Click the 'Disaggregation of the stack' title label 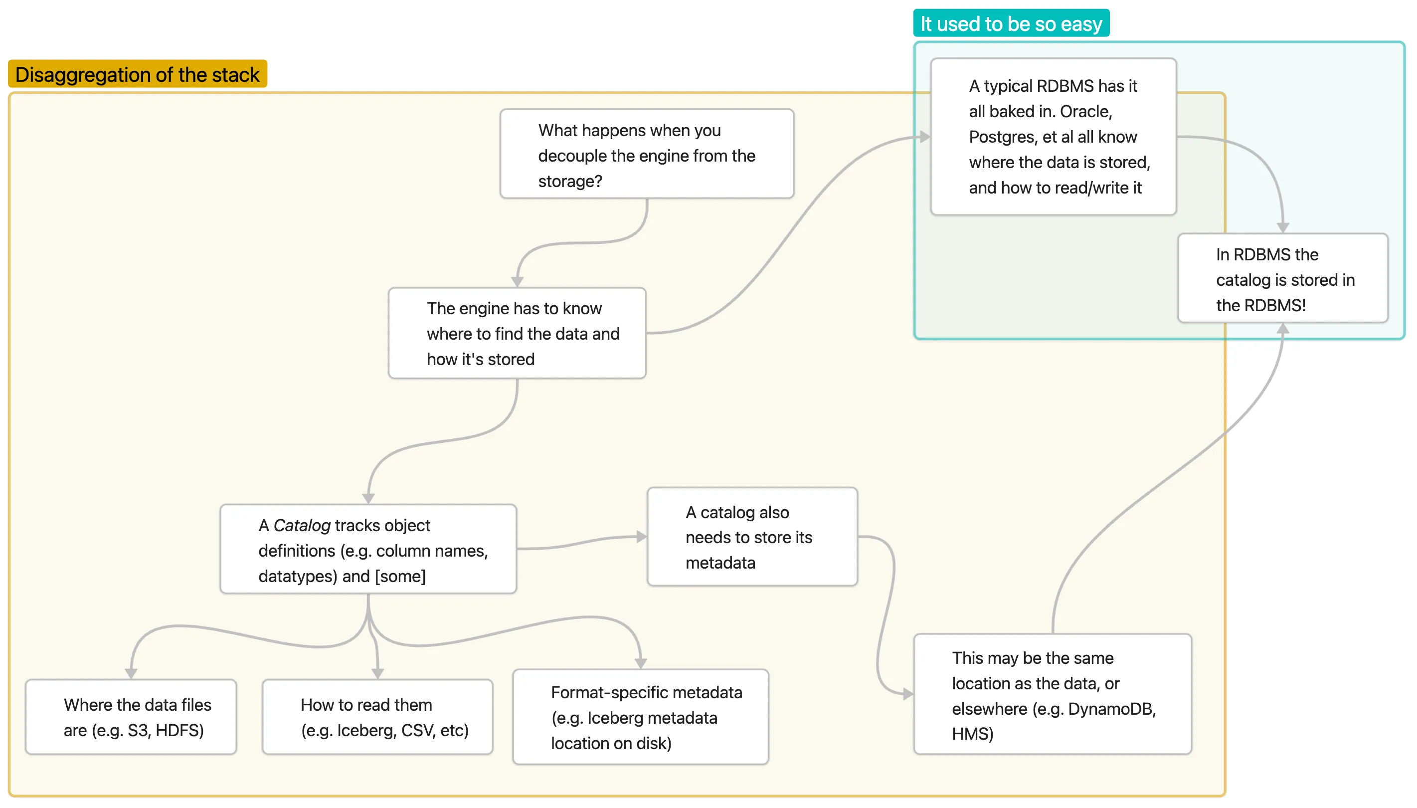(137, 74)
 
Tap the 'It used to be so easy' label (1011, 24)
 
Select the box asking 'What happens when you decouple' (647, 154)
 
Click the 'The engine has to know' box (517, 334)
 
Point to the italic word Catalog (302, 525)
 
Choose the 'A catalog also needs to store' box (752, 537)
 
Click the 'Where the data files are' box (131, 717)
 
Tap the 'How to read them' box (377, 717)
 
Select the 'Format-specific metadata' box (641, 717)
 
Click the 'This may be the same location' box (1052, 695)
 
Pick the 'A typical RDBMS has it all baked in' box (1053, 137)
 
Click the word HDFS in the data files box (179, 730)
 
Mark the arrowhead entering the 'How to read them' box (377, 673)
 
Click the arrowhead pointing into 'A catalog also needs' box (642, 537)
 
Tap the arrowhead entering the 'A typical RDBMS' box (924, 137)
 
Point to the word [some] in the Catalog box (400, 576)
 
